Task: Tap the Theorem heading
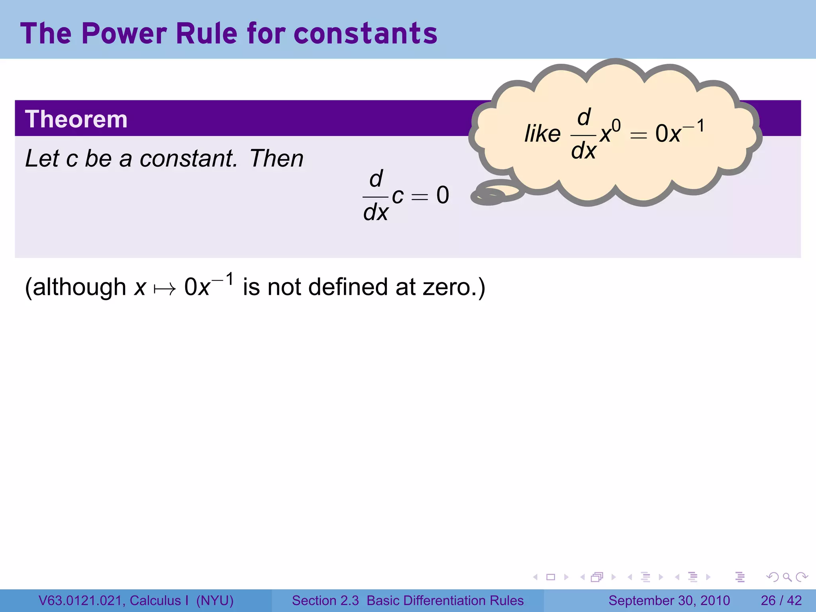coord(76,119)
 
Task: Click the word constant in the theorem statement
coord(188,159)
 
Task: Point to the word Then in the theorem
coord(277,159)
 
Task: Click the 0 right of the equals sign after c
coord(443,195)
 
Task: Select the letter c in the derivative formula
coord(398,195)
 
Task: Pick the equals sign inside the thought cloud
coord(638,135)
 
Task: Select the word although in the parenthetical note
coord(79,287)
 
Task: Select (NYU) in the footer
coord(215,600)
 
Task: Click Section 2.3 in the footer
coord(326,600)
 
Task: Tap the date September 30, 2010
coord(669,600)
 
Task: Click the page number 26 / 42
coord(781,600)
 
